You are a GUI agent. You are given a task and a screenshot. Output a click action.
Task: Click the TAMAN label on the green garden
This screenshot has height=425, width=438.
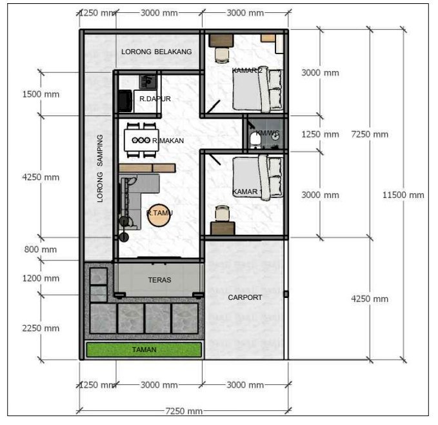(x=144, y=350)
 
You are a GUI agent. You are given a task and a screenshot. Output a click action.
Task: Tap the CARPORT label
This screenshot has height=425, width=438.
(x=245, y=297)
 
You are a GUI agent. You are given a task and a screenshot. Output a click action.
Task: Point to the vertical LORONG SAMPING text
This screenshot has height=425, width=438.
(x=100, y=169)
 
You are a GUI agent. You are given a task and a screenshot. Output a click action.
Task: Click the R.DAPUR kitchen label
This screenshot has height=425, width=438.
(x=154, y=99)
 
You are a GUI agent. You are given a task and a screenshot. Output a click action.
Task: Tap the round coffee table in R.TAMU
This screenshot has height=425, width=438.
(x=159, y=213)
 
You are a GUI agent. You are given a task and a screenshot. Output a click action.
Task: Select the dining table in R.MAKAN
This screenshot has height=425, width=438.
(x=141, y=140)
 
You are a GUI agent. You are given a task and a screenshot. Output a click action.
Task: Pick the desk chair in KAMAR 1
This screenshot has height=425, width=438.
(x=222, y=213)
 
